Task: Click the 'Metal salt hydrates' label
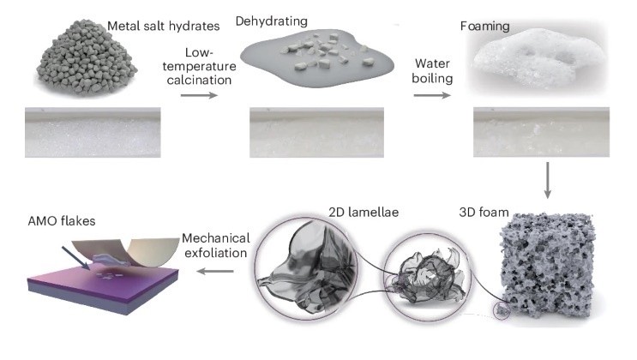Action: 163,26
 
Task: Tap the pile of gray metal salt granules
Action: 87,57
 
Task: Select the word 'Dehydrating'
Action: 272,21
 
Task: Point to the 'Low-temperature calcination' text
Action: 199,66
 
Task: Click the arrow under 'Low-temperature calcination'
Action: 199,95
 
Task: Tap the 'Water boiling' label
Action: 432,70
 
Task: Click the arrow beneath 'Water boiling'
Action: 432,95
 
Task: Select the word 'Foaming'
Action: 484,27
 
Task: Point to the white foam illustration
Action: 540,57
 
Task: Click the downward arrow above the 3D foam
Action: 548,180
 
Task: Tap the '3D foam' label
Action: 484,212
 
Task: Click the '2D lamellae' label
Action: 364,212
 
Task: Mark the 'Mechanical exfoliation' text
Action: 216,245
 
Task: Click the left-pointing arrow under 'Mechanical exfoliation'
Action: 215,271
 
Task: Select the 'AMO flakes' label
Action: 62,221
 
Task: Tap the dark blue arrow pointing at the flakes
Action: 76,258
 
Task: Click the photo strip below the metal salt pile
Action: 93,133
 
